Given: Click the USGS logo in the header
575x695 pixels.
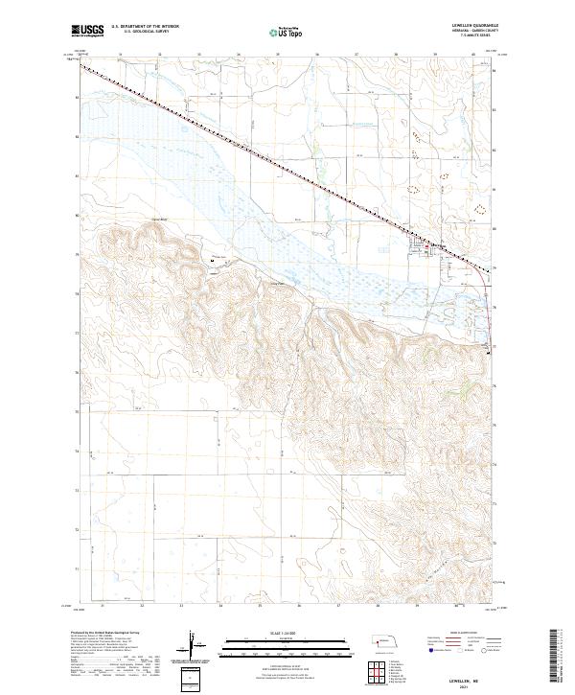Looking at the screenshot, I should tap(88, 31).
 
